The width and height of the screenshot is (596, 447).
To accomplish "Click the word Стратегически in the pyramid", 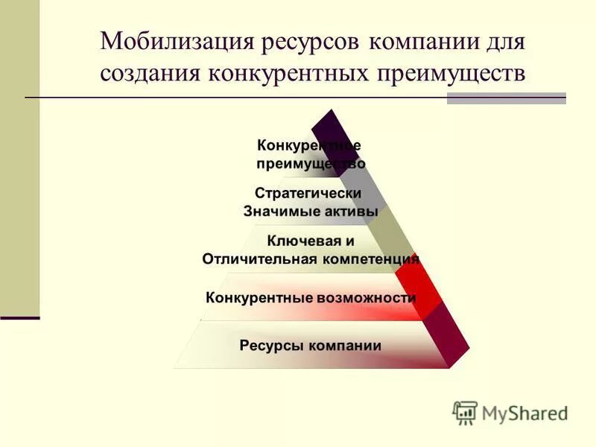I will coord(308,193).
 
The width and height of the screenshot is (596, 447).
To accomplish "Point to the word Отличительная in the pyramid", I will coord(260,259).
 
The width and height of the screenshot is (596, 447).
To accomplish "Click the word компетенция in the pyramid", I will coord(371,259).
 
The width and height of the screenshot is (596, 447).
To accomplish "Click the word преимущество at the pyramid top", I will coord(311,164).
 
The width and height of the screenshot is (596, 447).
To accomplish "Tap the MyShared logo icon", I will coord(465,412).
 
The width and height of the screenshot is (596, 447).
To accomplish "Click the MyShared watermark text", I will coord(524,413).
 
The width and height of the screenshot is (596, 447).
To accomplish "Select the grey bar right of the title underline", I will coord(506,98).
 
